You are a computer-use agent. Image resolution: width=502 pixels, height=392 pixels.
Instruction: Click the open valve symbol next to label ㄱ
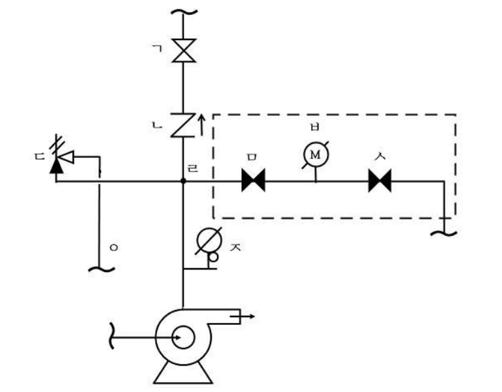tap(183, 50)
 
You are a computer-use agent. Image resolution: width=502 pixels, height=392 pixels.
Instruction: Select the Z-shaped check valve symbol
tap(183, 125)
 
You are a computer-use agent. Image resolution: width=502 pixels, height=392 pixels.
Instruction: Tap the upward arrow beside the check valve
tap(201, 124)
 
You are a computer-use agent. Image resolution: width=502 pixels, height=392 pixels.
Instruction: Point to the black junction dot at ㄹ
tap(183, 181)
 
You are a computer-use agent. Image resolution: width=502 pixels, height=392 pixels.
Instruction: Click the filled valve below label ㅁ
tap(253, 181)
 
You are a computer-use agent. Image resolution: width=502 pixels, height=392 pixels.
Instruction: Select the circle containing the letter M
tap(315, 155)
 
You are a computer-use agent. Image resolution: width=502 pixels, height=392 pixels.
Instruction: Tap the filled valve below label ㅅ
tap(380, 181)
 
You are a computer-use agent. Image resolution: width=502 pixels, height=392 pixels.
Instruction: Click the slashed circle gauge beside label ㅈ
tap(209, 241)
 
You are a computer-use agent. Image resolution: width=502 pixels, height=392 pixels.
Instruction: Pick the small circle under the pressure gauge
tap(213, 257)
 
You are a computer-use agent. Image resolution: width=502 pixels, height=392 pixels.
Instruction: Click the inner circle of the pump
tap(183, 337)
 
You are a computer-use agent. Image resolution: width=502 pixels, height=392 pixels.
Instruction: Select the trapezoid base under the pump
tap(183, 373)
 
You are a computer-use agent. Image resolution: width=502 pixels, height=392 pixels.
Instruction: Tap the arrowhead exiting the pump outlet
tap(252, 317)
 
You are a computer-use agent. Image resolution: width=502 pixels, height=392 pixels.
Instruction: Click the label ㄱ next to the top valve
tap(157, 48)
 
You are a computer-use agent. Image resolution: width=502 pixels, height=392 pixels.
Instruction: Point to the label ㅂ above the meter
tap(315, 127)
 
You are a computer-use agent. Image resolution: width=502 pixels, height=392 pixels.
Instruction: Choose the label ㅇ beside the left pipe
tap(114, 248)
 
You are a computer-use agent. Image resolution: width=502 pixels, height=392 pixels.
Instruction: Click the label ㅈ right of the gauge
tap(236, 247)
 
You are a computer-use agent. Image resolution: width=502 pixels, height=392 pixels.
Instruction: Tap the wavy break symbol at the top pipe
tap(184, 12)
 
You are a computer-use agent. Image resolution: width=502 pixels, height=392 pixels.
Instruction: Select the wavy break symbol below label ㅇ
tap(102, 269)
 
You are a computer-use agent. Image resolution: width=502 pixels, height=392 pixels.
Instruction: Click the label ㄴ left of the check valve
tap(157, 126)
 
